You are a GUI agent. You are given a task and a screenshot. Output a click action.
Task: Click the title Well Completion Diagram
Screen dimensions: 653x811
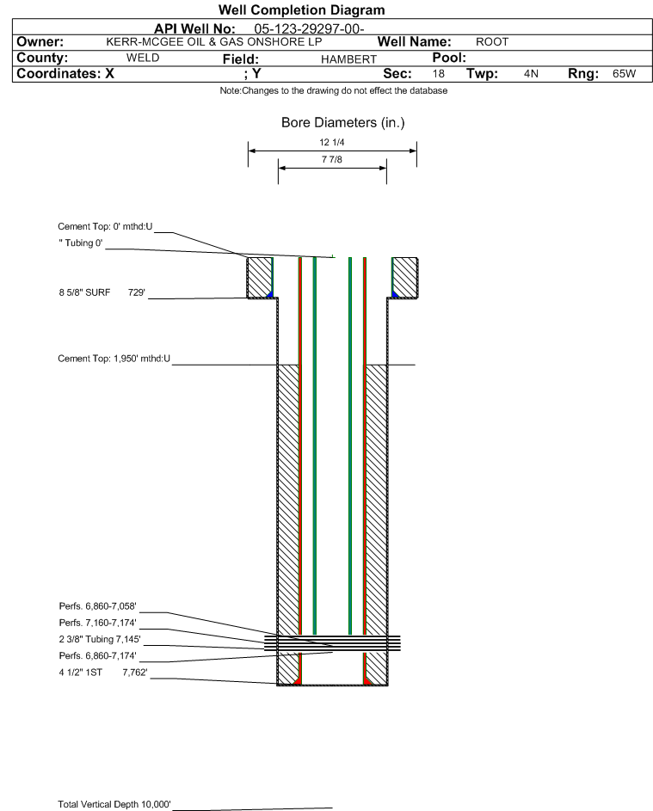click(302, 9)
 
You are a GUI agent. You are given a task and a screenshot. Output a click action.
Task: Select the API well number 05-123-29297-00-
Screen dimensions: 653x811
click(309, 29)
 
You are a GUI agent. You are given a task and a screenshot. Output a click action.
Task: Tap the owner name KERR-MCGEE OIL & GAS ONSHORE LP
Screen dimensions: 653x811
click(213, 42)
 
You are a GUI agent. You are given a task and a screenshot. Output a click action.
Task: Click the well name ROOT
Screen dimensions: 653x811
click(492, 42)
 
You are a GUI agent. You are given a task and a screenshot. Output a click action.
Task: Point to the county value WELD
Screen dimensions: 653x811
click(143, 58)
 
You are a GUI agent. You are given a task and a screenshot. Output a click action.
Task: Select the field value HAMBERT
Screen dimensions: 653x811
click(348, 59)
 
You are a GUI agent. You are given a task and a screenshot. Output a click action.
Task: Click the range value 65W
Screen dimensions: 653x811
click(624, 73)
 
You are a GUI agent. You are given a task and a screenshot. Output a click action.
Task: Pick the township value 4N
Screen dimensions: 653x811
click(531, 73)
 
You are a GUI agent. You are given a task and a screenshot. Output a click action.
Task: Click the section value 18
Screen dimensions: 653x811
click(438, 73)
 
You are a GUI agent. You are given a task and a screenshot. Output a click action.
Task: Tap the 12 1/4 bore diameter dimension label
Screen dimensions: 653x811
click(332, 142)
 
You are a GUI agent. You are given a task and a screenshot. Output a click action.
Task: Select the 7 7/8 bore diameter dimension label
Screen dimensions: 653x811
click(332, 159)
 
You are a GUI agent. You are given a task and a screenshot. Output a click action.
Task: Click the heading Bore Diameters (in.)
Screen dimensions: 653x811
click(342, 123)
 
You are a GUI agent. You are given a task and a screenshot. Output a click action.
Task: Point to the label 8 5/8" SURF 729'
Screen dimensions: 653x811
click(102, 292)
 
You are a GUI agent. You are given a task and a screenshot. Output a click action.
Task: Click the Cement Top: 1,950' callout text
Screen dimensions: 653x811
click(114, 359)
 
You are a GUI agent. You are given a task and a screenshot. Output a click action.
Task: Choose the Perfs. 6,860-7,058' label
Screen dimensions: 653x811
click(97, 606)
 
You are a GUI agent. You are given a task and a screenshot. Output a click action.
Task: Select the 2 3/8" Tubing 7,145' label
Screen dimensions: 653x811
click(99, 639)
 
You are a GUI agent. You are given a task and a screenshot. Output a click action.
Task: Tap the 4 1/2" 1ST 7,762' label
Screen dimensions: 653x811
click(103, 673)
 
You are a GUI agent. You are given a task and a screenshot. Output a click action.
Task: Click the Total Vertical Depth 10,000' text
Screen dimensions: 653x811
click(114, 804)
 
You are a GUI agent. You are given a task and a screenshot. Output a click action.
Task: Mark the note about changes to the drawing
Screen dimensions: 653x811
click(333, 90)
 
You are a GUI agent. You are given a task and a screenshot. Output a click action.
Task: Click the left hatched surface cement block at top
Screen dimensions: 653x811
click(260, 278)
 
